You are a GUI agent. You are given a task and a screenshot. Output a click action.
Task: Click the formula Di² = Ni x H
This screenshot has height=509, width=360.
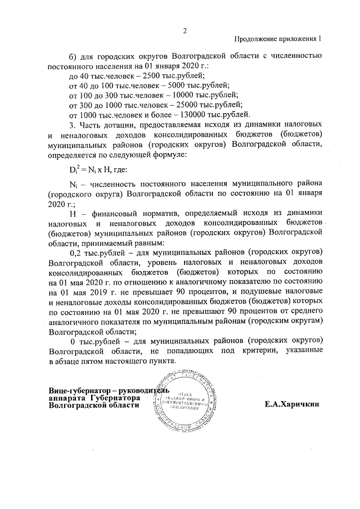point(88,169)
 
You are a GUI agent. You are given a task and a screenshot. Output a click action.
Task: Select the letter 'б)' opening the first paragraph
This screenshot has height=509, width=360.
point(72,55)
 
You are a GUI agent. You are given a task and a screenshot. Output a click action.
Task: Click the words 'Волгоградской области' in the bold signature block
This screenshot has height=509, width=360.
point(93,405)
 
